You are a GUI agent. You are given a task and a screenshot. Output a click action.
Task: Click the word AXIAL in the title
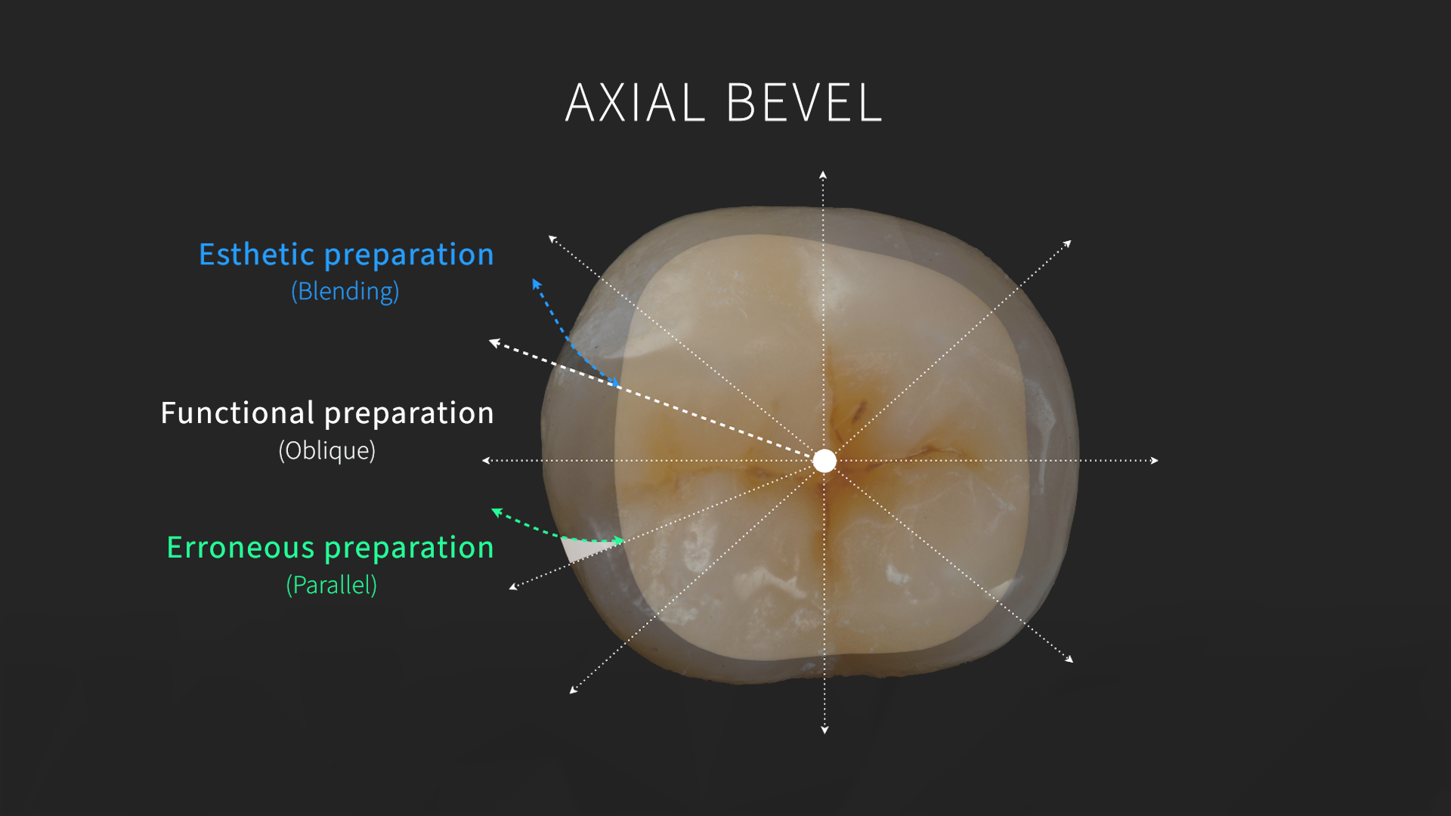(x=634, y=103)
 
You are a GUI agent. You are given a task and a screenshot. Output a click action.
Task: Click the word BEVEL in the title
(x=804, y=103)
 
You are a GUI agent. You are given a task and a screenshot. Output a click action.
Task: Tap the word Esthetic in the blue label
(x=256, y=255)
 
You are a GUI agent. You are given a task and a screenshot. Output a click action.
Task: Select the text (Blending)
(x=345, y=291)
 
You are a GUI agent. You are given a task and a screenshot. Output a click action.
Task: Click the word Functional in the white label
(x=237, y=413)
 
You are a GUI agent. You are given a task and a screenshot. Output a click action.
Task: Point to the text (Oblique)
(x=327, y=450)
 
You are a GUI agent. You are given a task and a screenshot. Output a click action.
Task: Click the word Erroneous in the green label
(x=240, y=548)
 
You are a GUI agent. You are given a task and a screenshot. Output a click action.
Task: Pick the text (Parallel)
(x=331, y=585)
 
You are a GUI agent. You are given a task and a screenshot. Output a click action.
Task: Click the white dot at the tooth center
(x=825, y=460)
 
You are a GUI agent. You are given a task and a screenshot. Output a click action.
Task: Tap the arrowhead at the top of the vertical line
(x=823, y=175)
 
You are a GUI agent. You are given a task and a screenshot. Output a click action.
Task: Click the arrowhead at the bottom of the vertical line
(x=825, y=729)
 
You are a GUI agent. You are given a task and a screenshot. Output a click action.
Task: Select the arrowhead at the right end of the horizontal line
(x=1154, y=460)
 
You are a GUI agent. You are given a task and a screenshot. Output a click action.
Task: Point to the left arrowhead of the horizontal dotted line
(x=487, y=460)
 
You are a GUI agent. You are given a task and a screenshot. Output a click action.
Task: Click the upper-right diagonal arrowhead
(x=1067, y=243)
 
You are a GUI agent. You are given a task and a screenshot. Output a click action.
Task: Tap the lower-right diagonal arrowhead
(x=1069, y=660)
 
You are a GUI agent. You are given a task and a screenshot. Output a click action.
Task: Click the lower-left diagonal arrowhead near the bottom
(x=574, y=689)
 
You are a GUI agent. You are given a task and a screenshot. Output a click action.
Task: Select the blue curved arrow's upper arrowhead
(x=536, y=283)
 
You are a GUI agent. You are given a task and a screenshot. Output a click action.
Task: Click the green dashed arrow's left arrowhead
(x=497, y=512)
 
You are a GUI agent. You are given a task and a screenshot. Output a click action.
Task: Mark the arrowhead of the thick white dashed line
(x=494, y=343)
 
